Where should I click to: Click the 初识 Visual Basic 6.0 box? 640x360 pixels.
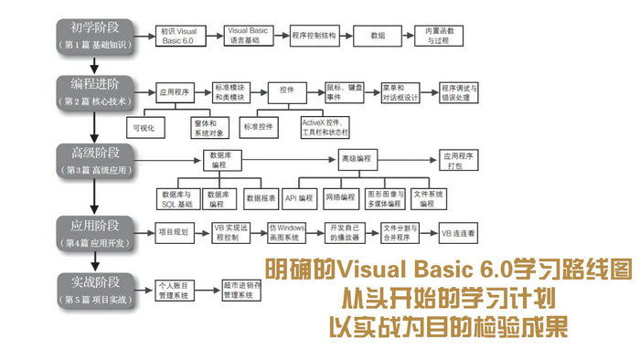click(179, 36)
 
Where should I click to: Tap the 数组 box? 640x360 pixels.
click(378, 36)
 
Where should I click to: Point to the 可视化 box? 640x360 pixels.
click(147, 127)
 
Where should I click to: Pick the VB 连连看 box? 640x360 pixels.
click(458, 233)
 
